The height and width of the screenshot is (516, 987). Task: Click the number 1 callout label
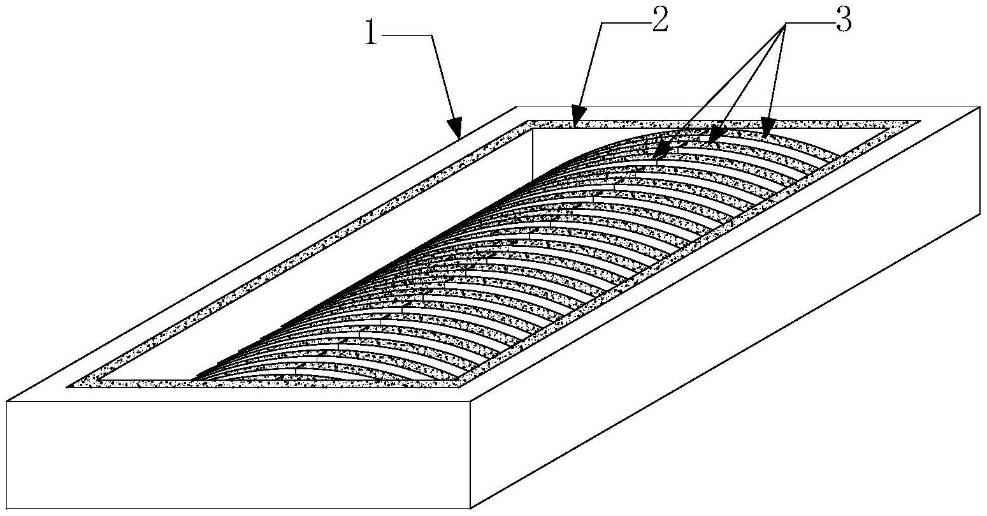coord(371,34)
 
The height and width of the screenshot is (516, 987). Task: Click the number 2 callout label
coord(659,20)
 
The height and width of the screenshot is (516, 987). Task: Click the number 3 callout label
coord(844,20)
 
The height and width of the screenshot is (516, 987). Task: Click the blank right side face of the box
coord(727,309)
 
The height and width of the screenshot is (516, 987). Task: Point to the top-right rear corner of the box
coord(983,107)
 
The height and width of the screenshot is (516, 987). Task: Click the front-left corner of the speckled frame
coord(68,387)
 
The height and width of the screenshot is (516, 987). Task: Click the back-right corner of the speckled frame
coord(920,121)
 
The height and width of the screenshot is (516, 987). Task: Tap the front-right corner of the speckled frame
coord(461,387)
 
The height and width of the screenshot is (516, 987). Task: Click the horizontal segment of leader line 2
coord(625,22)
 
